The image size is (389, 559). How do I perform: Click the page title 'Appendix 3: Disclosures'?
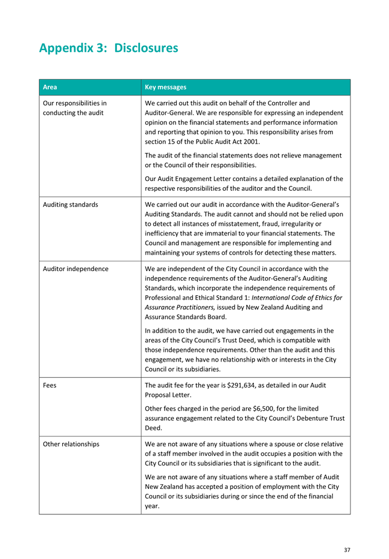(x=109, y=47)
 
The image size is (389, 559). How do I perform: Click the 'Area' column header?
(x=50, y=88)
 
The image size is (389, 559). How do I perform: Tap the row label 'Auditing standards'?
(x=71, y=205)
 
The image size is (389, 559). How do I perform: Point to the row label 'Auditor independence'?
(x=76, y=269)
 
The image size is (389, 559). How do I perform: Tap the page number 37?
(x=347, y=549)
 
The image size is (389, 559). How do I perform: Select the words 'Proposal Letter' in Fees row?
(x=169, y=395)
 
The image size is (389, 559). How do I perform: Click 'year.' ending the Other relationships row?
(x=153, y=506)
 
